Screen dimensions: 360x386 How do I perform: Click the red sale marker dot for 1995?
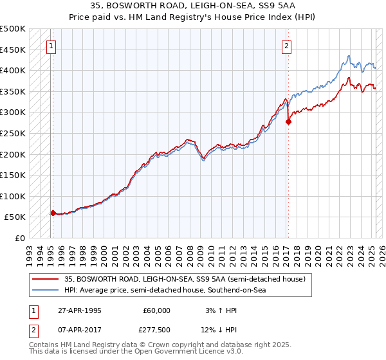tap(53, 213)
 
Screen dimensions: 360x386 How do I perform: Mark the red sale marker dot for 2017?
tap(288, 122)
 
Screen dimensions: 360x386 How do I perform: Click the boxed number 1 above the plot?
tap(51, 46)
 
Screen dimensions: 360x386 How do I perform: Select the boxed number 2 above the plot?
tap(286, 46)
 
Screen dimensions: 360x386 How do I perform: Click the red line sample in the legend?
tap(45, 279)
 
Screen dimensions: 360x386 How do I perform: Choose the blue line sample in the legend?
tap(45, 290)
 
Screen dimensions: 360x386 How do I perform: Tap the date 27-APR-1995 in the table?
tap(80, 310)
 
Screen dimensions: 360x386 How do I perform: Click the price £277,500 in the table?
tap(157, 330)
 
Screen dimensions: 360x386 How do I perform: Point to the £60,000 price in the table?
tap(157, 310)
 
